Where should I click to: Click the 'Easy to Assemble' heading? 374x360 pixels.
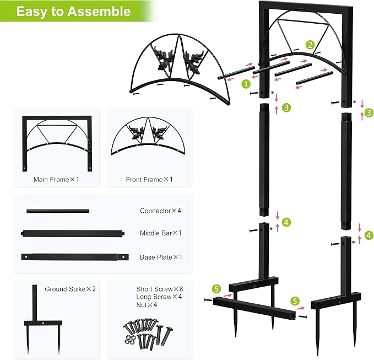pos(73,11)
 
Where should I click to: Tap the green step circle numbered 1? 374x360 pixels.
pos(246,84)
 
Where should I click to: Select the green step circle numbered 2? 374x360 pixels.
pos(310,45)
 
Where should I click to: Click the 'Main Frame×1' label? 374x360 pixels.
pos(56,179)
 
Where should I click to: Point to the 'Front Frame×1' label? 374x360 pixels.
pos(149,179)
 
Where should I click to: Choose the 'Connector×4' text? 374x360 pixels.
pos(160,211)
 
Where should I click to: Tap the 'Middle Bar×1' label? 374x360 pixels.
pos(161,233)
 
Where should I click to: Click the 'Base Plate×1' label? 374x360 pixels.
pos(161,257)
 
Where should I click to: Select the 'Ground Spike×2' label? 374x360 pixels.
pos(70,289)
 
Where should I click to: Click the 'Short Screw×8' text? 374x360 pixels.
pos(160,289)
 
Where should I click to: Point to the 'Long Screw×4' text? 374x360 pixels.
pos(159,297)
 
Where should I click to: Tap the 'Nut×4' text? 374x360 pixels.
pos(147,305)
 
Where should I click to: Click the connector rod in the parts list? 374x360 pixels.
pos(58,211)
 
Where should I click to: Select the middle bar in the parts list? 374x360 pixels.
pos(73,233)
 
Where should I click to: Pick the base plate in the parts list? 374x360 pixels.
pos(75,257)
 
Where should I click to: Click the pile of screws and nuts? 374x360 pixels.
pos(148,333)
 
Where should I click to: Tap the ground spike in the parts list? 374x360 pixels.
pos(43,323)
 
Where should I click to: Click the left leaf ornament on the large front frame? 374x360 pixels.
pos(163,60)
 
